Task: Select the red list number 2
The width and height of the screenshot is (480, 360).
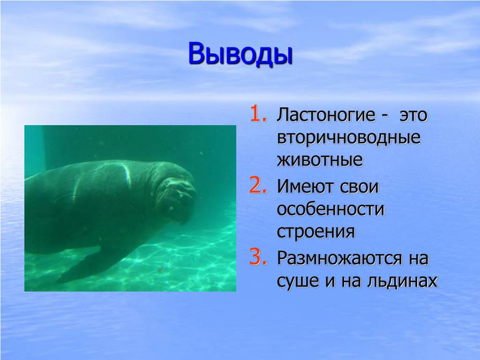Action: point(258,186)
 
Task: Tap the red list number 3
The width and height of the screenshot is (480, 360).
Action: point(258,257)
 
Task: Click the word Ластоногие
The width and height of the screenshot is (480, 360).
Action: point(326,115)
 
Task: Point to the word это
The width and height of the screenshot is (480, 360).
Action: point(413,116)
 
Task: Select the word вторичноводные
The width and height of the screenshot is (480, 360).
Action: point(349,138)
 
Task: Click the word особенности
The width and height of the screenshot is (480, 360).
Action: point(330,210)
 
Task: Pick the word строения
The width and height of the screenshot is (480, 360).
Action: point(316,232)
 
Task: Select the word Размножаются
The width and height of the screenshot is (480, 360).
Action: point(339,259)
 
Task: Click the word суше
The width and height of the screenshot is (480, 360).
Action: point(298,281)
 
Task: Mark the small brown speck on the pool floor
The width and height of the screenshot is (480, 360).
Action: point(160,270)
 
